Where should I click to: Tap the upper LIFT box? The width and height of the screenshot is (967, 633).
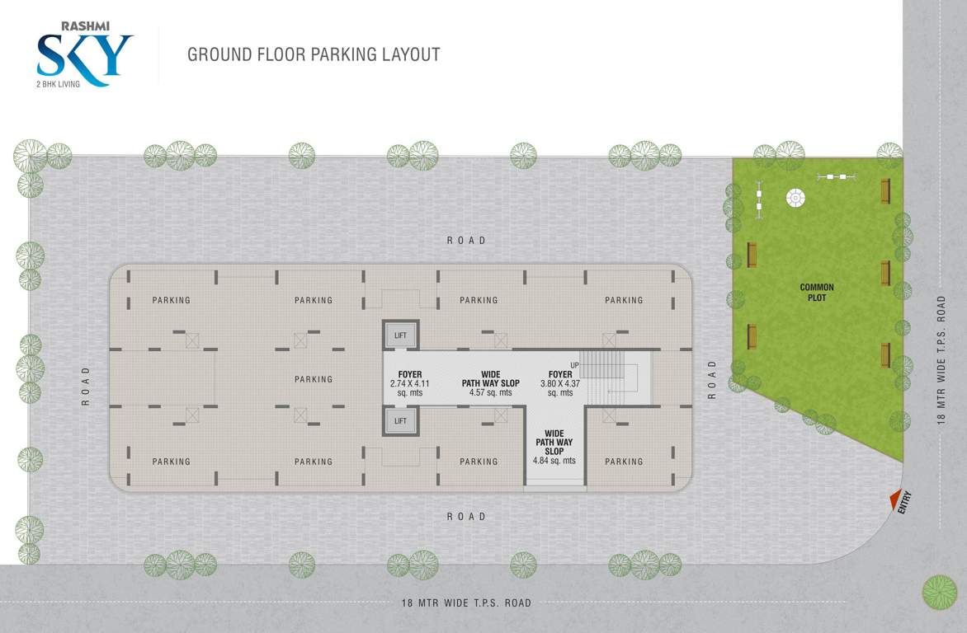coord(400,335)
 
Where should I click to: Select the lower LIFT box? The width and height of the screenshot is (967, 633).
coord(400,420)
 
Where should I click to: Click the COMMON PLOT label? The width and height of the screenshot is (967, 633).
coord(817,293)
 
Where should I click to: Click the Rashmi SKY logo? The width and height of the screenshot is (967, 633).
coord(85,58)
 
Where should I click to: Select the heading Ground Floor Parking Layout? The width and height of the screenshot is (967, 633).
coord(314,55)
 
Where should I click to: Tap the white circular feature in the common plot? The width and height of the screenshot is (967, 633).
coord(796,197)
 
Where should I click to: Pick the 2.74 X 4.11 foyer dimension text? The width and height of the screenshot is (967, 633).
coord(410,384)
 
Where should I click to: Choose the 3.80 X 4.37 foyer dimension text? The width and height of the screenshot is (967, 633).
coord(560,384)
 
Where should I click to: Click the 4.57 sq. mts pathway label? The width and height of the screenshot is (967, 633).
coord(490,393)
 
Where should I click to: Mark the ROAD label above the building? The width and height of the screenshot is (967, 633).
coord(466,241)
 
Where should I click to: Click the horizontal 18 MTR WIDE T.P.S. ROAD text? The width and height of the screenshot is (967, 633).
coord(466,603)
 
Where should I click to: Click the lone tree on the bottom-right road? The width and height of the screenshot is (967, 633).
coord(939,592)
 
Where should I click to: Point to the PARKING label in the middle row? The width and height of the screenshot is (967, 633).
coord(314,379)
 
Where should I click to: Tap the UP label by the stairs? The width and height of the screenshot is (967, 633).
coord(574,365)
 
